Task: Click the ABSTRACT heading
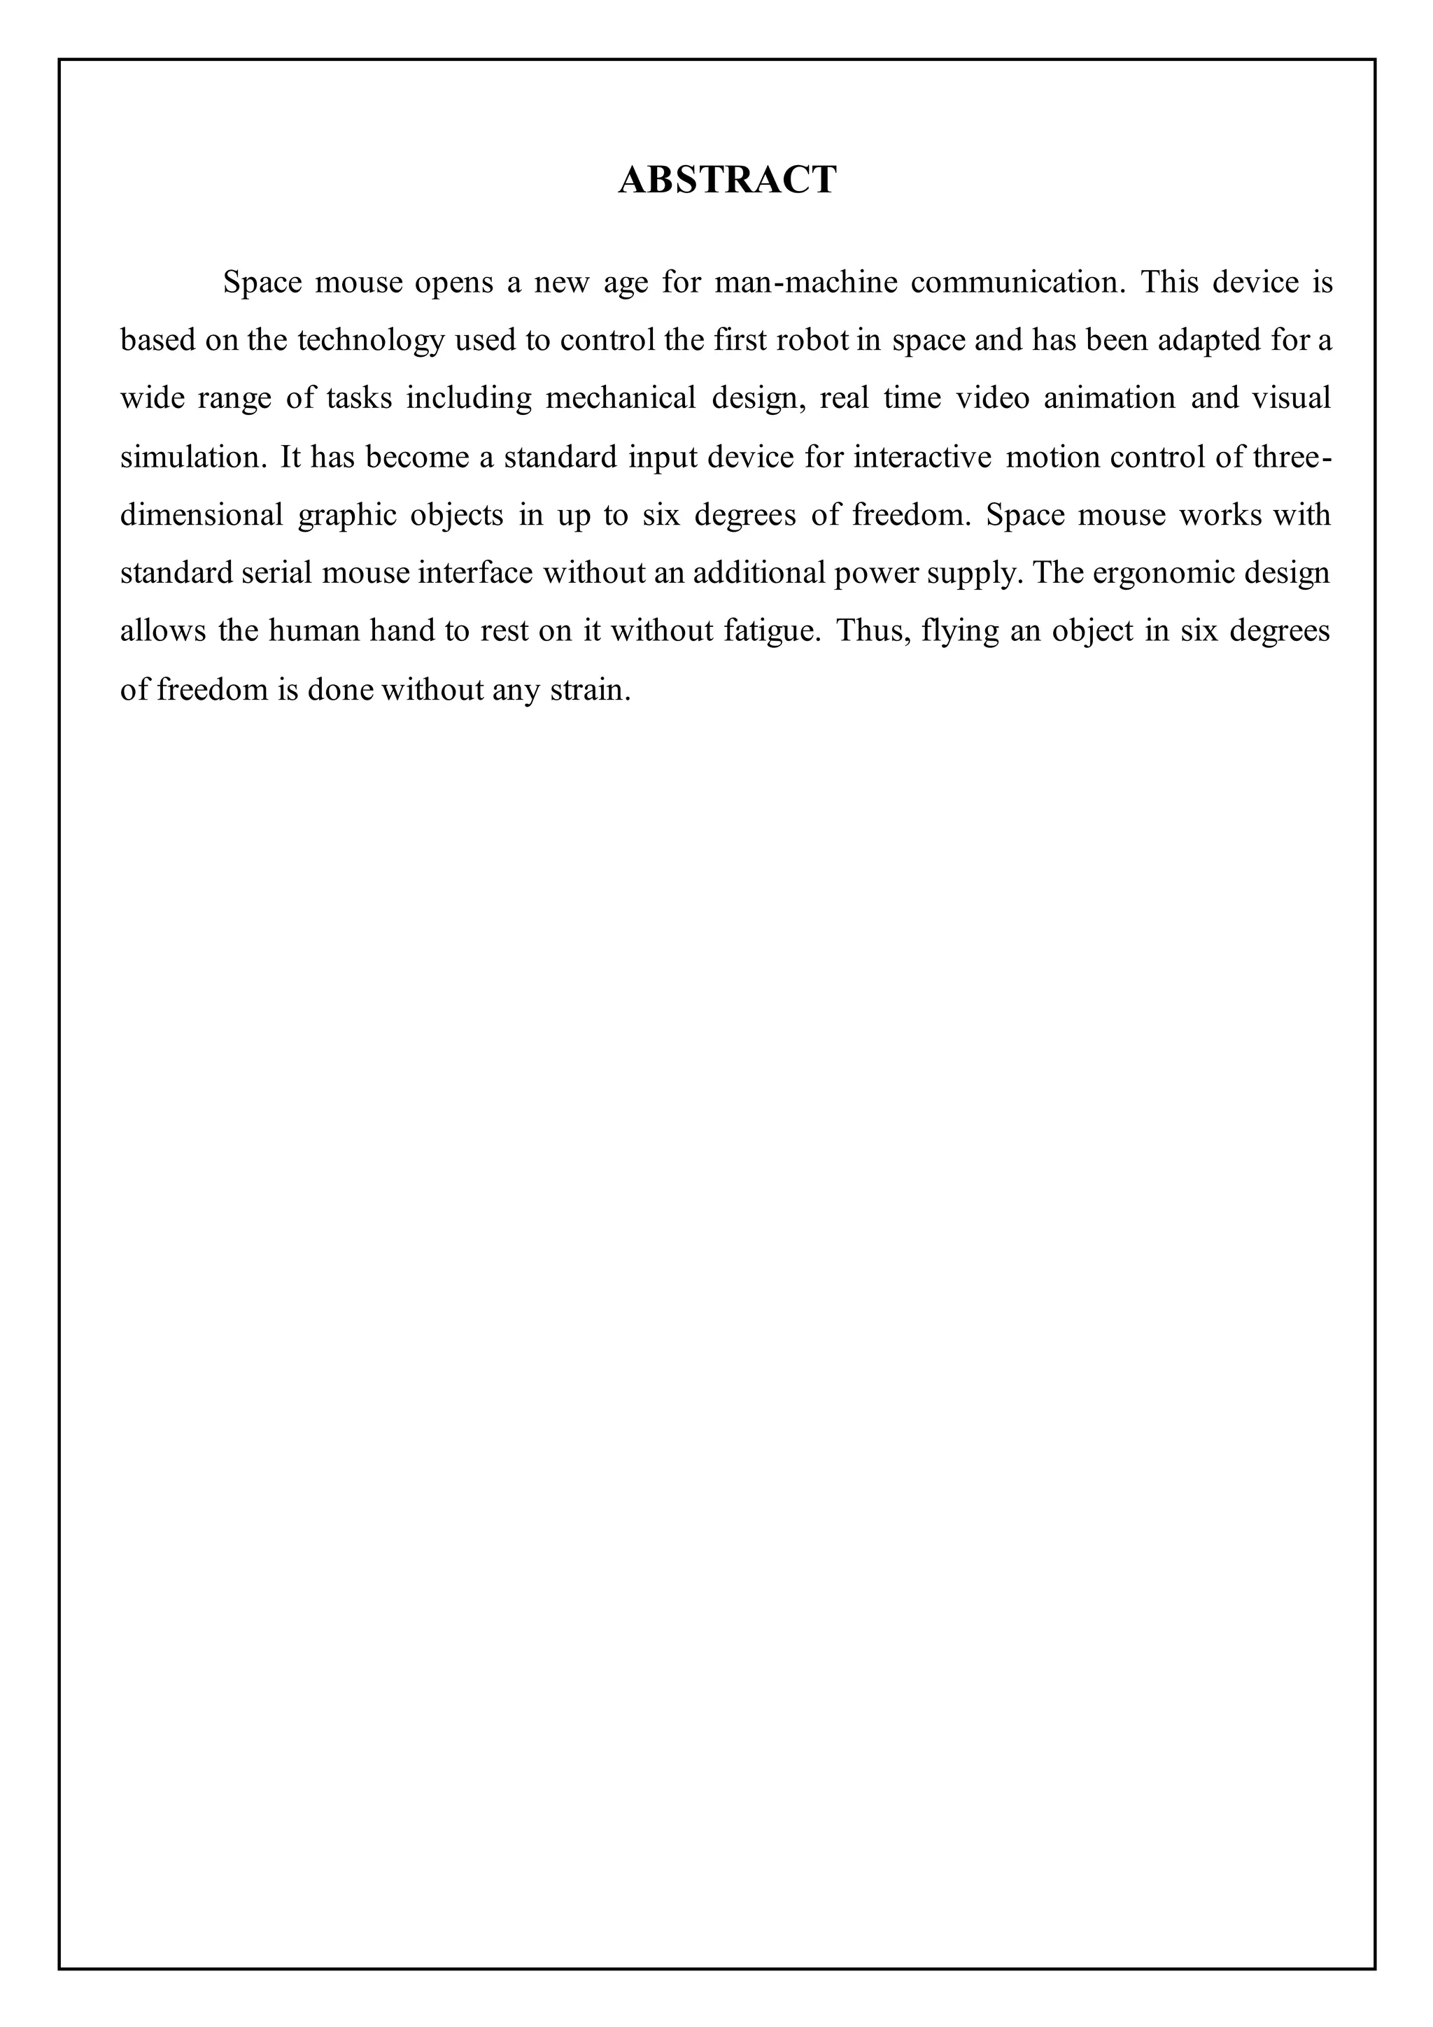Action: coord(727,180)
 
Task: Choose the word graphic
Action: coord(346,516)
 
